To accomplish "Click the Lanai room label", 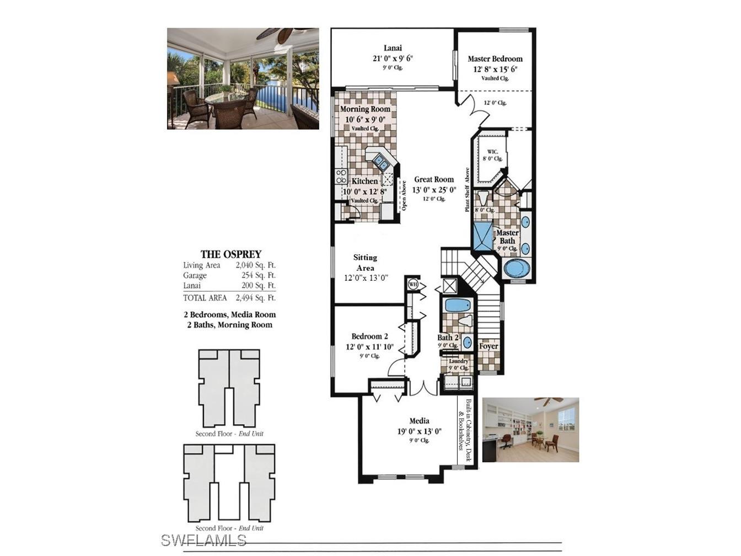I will coord(393,48).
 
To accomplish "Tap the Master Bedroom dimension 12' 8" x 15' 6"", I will coord(495,69).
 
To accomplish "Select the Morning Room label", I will coord(364,109).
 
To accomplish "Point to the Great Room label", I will coord(434,179).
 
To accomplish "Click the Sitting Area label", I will coord(364,263).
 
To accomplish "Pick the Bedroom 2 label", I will coord(369,336).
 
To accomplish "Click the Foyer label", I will coord(488,346).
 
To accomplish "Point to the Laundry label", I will coord(458,361).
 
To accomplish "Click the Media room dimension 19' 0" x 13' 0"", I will coord(419,432).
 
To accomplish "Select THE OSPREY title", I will coord(230,254).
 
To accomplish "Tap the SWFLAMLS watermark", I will coord(204,539).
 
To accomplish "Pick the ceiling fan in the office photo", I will coord(549,400).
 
